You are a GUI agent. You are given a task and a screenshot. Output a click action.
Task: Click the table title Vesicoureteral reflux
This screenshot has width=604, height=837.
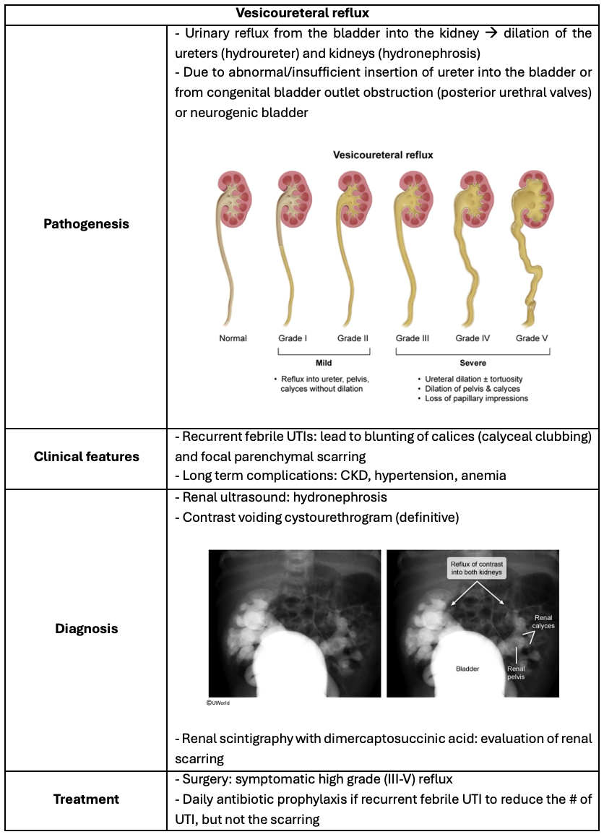coord(302,14)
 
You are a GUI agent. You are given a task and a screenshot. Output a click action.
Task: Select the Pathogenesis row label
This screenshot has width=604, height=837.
coord(86,224)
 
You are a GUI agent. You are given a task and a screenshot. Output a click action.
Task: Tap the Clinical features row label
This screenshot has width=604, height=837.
coord(86,457)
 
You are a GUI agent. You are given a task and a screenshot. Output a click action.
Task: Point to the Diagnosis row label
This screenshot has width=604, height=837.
coord(86,629)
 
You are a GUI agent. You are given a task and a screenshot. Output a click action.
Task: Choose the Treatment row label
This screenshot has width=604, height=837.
coord(86,799)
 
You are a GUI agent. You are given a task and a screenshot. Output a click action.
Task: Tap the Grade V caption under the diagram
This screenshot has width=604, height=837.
coord(531,338)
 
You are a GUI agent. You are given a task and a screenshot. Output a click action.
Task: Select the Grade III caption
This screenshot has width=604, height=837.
coord(413,338)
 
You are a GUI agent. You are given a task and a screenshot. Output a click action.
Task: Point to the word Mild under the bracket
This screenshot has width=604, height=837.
coord(323,363)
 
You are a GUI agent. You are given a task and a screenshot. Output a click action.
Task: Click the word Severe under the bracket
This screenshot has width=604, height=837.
coord(473,363)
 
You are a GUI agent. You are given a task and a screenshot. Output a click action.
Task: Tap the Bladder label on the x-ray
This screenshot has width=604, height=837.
coord(467,669)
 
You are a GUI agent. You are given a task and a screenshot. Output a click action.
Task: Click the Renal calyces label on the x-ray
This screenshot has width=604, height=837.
coord(544,622)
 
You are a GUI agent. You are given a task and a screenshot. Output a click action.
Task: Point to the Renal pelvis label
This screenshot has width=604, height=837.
coord(516,673)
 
